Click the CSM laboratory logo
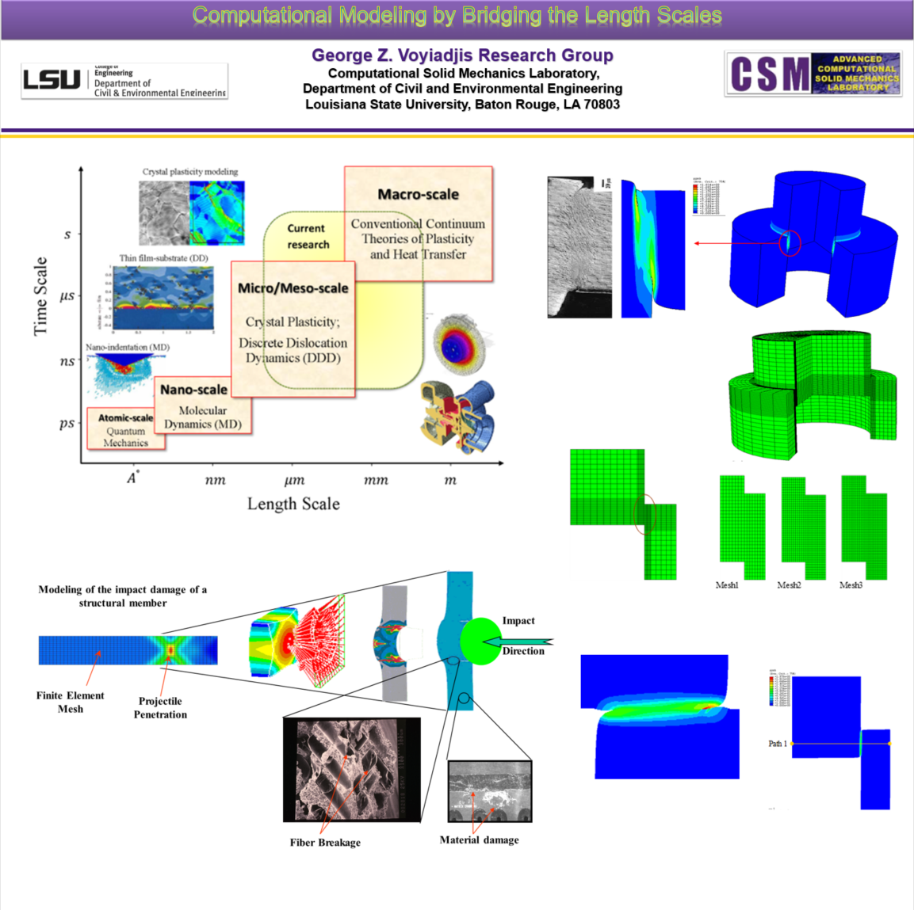(813, 74)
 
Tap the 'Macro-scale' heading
(418, 194)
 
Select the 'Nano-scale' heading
(193, 390)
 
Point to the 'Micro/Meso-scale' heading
(293, 288)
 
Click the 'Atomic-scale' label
(125, 417)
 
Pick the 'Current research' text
(308, 236)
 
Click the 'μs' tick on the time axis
(67, 296)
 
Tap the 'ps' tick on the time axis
(67, 423)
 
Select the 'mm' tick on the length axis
(376, 480)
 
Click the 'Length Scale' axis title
(293, 504)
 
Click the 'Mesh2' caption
(789, 585)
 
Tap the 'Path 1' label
(778, 744)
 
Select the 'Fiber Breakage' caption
(325, 843)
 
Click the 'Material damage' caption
(479, 840)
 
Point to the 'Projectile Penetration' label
(160, 707)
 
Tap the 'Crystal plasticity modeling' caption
(190, 172)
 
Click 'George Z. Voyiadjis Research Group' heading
(462, 55)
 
